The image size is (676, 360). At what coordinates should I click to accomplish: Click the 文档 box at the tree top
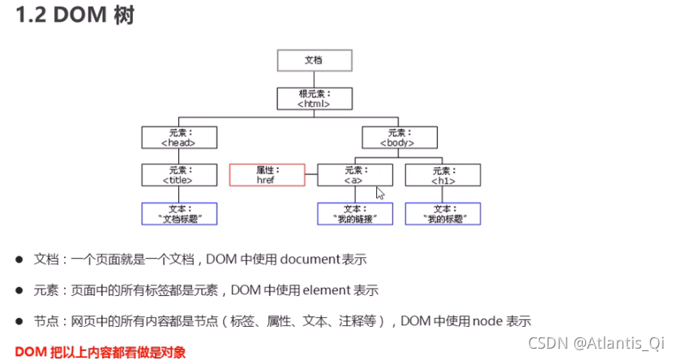314,61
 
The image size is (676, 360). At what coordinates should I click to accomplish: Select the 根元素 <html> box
314,98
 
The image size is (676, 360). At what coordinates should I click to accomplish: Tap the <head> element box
178,137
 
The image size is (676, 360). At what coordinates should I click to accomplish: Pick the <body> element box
400,137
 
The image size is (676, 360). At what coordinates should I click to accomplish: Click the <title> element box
178,175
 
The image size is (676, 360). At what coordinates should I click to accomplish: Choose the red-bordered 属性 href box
267,175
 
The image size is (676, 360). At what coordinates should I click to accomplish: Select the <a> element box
354,175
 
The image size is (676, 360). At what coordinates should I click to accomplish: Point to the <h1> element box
443,175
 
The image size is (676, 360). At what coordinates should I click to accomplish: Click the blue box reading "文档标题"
178,213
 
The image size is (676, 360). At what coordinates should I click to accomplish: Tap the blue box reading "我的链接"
354,213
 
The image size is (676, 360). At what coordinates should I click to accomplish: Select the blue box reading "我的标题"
443,213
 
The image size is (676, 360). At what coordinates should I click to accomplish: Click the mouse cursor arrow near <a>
379,193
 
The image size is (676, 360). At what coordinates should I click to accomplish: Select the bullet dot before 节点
19,320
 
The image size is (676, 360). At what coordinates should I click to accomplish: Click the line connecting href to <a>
310,175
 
